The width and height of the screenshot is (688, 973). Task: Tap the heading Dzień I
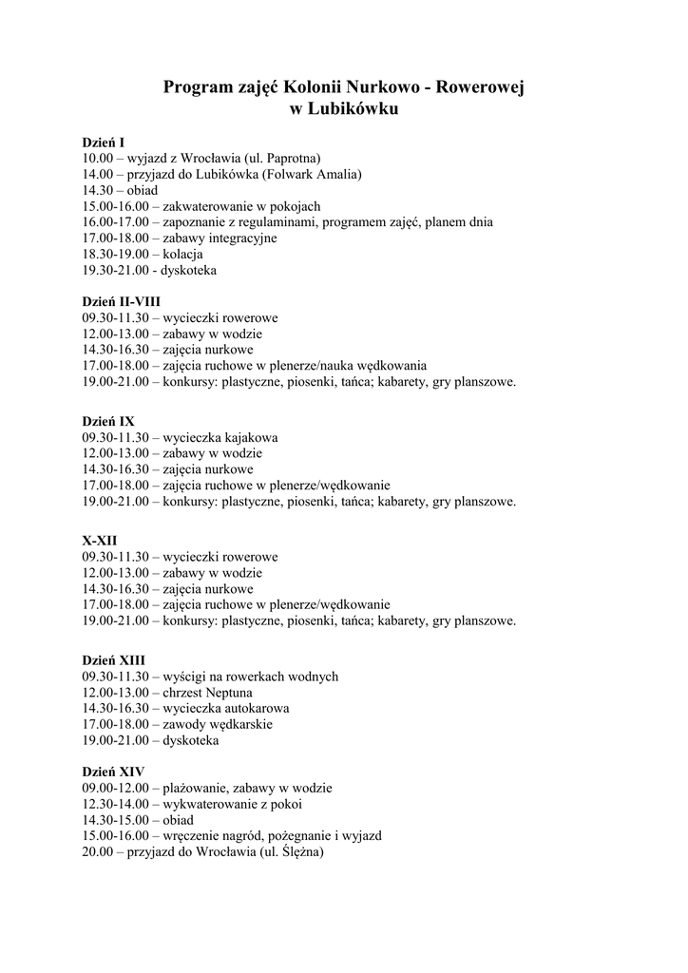tap(104, 142)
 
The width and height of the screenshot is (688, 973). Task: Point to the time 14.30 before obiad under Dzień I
tap(97, 190)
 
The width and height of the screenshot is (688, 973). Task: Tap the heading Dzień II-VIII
tap(121, 301)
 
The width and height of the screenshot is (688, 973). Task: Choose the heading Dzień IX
tap(107, 420)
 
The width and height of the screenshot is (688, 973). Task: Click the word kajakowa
tap(245, 437)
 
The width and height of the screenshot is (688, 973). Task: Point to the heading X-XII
tap(100, 539)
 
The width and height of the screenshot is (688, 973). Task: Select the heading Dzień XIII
tap(113, 658)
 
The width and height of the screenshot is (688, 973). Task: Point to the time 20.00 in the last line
tap(97, 852)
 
